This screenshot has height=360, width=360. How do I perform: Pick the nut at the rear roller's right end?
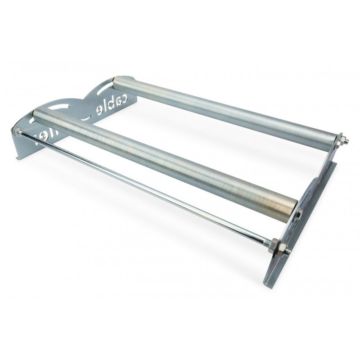point(342,140)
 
